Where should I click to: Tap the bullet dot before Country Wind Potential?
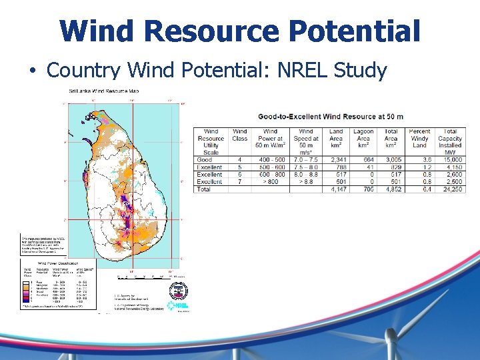(x=31, y=70)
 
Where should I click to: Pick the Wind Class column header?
(x=240, y=135)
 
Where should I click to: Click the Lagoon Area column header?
(x=364, y=139)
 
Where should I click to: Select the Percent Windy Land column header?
(x=419, y=139)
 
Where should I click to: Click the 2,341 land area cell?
(x=337, y=159)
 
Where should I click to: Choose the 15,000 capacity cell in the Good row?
(x=451, y=159)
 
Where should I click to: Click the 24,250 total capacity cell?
(x=451, y=189)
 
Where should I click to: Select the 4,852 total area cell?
(x=392, y=189)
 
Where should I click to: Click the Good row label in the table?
(x=205, y=159)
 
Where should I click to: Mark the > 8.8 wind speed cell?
(x=305, y=181)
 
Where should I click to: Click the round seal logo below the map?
(x=178, y=291)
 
